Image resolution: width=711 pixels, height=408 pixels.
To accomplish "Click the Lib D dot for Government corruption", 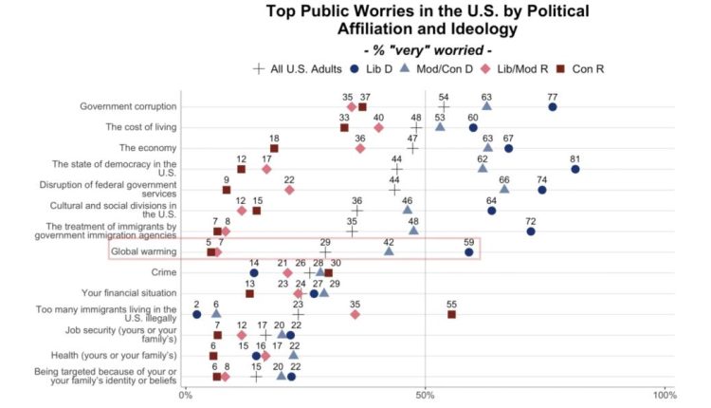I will pyautogui.click(x=553, y=107).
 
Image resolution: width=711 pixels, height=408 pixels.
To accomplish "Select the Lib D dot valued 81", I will pyautogui.click(x=575, y=169).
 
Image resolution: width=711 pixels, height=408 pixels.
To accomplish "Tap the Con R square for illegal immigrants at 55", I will pyautogui.click(x=451, y=314).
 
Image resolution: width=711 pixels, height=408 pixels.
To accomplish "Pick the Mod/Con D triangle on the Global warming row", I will pyautogui.click(x=389, y=252).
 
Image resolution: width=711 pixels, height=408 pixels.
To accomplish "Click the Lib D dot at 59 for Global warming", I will pyautogui.click(x=469, y=252).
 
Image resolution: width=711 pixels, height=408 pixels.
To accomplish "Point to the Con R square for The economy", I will pyautogui.click(x=274, y=148).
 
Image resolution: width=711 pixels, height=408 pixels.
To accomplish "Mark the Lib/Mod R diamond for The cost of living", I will pyautogui.click(x=379, y=127).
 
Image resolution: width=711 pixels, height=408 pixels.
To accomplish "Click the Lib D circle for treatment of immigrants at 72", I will pyautogui.click(x=531, y=232).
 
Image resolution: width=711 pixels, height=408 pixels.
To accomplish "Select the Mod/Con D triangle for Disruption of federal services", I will pyautogui.click(x=504, y=190).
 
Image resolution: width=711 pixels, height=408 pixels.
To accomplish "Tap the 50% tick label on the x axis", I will pyautogui.click(x=426, y=394).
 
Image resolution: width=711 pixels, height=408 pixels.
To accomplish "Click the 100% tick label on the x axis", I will pyautogui.click(x=664, y=394).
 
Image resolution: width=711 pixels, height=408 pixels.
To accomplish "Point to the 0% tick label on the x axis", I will pyautogui.click(x=186, y=394).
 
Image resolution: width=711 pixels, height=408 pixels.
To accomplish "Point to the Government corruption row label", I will pyautogui.click(x=129, y=106).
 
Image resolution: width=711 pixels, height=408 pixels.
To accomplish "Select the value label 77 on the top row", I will pyautogui.click(x=553, y=96).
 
